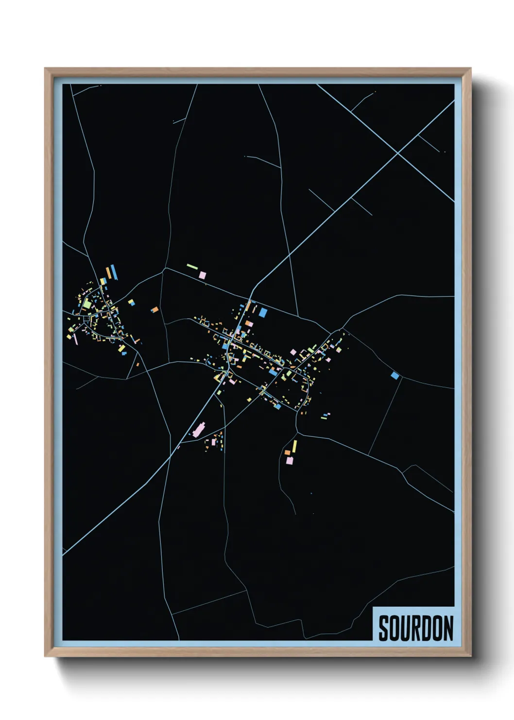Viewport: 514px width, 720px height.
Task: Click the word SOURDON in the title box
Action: [415, 628]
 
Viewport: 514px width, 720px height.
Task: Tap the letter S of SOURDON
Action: [383, 628]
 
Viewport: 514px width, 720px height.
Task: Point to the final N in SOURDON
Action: [448, 628]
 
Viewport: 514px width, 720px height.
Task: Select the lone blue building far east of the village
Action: [395, 375]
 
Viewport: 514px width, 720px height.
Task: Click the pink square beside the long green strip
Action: [202, 275]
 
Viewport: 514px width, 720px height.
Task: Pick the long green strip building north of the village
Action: [192, 266]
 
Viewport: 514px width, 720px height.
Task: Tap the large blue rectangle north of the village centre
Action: [263, 312]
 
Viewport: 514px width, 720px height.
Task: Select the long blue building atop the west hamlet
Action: [114, 272]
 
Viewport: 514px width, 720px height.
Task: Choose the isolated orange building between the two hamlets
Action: [154, 309]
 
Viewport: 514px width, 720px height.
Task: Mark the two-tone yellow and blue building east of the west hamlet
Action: [131, 302]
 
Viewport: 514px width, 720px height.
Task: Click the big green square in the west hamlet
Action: [87, 304]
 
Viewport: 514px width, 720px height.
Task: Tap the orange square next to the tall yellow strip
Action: [288, 452]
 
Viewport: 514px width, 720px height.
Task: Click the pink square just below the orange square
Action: [290, 460]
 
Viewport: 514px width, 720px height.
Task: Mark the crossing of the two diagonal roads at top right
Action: [398, 153]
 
